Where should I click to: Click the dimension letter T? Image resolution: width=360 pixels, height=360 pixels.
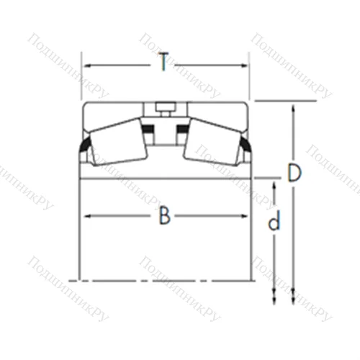(x=164, y=64)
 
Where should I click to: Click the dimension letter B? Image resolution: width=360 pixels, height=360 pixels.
(x=165, y=215)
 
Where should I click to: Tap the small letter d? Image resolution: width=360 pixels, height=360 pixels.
(x=274, y=222)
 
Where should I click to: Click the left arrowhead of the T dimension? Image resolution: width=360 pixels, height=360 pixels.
(x=85, y=64)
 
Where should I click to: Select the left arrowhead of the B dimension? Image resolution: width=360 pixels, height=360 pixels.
(x=85, y=215)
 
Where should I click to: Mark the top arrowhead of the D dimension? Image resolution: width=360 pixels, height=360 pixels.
(x=293, y=107)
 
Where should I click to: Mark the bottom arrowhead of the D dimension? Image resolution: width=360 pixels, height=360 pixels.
(x=293, y=301)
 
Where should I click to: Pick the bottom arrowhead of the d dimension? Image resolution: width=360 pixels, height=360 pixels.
(x=274, y=301)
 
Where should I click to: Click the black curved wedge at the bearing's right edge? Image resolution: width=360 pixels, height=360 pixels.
(x=246, y=150)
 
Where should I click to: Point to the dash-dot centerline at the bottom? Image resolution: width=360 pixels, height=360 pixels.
(x=165, y=279)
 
